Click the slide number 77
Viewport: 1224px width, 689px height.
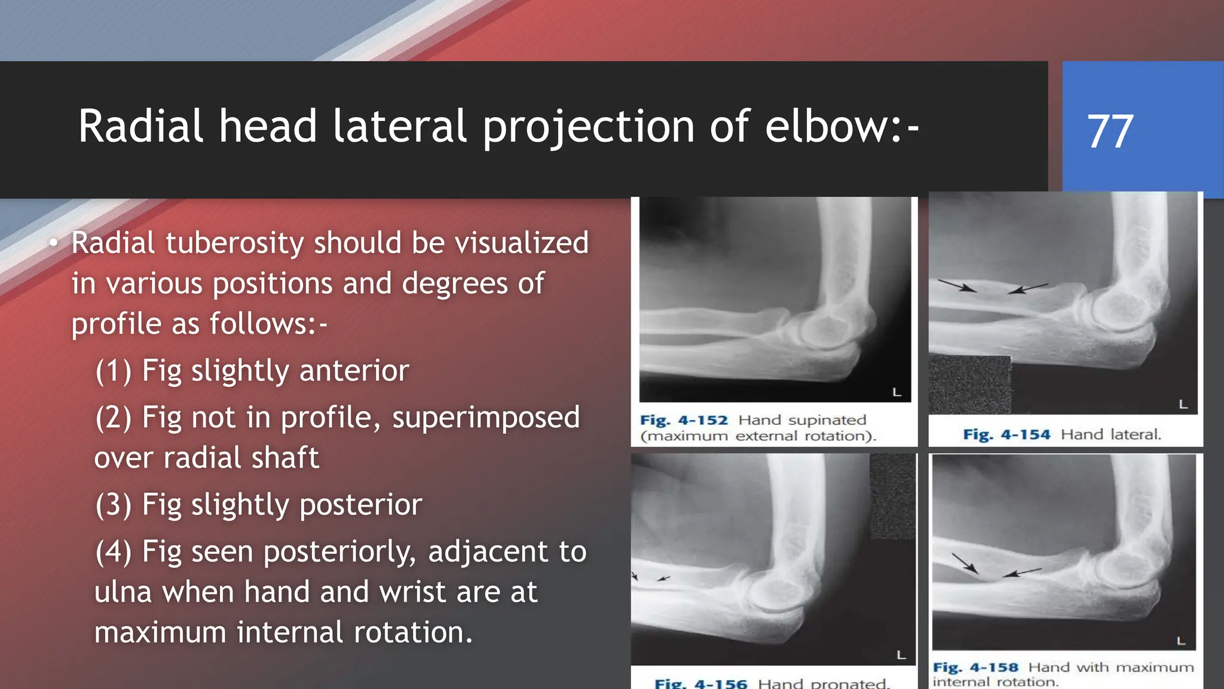pyautogui.click(x=1110, y=132)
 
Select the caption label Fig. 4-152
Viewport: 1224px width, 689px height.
pyautogui.click(x=683, y=420)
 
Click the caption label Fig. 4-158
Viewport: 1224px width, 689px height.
pyautogui.click(x=975, y=667)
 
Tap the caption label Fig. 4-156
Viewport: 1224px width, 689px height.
pyautogui.click(x=700, y=683)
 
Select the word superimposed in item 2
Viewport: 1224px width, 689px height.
pyautogui.click(x=485, y=417)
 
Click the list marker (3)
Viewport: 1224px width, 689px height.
pyautogui.click(x=113, y=505)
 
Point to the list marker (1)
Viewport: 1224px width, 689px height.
pyautogui.click(x=113, y=371)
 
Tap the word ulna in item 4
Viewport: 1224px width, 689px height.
pyautogui.click(x=123, y=592)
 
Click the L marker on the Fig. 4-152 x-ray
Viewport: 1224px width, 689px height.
pyautogui.click(x=896, y=392)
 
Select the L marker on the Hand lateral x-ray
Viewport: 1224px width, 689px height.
pyautogui.click(x=1183, y=405)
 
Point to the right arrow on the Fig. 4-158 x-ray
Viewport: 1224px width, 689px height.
pyautogui.click(x=1021, y=572)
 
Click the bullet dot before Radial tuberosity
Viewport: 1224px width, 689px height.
pyautogui.click(x=54, y=243)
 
